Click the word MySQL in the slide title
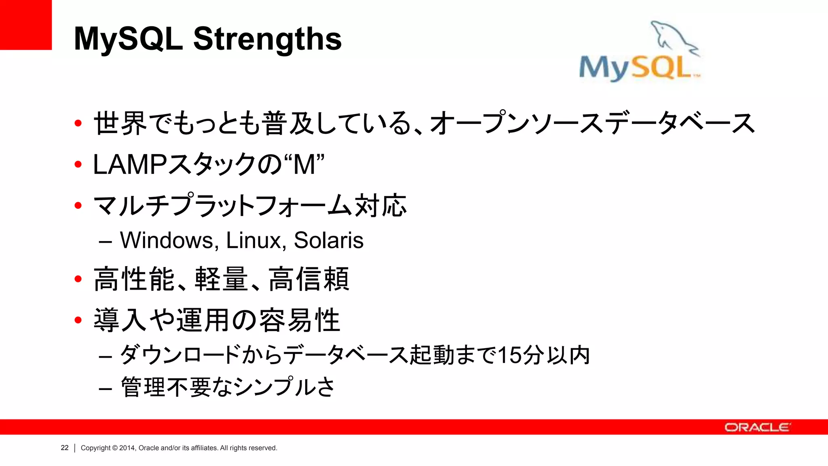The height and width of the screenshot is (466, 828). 128,39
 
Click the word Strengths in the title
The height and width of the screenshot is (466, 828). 267,39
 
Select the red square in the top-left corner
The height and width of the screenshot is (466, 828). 25,25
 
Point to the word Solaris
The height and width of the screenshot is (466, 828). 328,240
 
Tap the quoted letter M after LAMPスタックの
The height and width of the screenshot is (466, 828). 304,165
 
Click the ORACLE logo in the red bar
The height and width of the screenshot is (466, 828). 757,427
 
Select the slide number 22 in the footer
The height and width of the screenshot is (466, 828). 65,448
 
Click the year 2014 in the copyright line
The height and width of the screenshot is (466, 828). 127,448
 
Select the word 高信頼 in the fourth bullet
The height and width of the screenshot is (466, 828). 309,279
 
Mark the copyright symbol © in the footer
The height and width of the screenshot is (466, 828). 115,448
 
